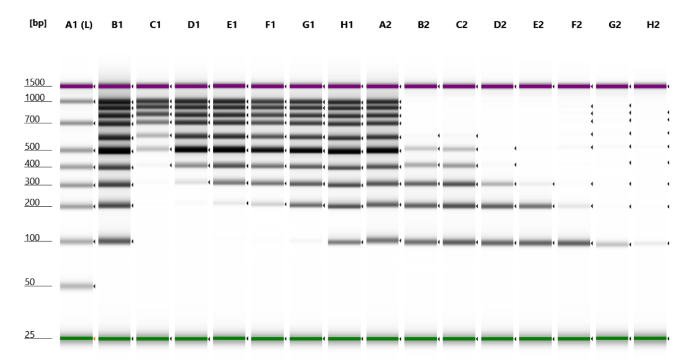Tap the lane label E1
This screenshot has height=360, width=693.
click(230, 24)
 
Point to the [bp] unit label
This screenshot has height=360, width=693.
click(38, 23)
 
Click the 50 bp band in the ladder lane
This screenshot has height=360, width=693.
click(76, 286)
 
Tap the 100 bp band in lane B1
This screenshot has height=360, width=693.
click(114, 241)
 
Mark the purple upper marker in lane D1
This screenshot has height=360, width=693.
click(191, 87)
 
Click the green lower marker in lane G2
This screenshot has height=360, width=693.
click(612, 338)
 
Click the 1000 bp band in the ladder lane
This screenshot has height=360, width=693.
click(76, 101)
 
